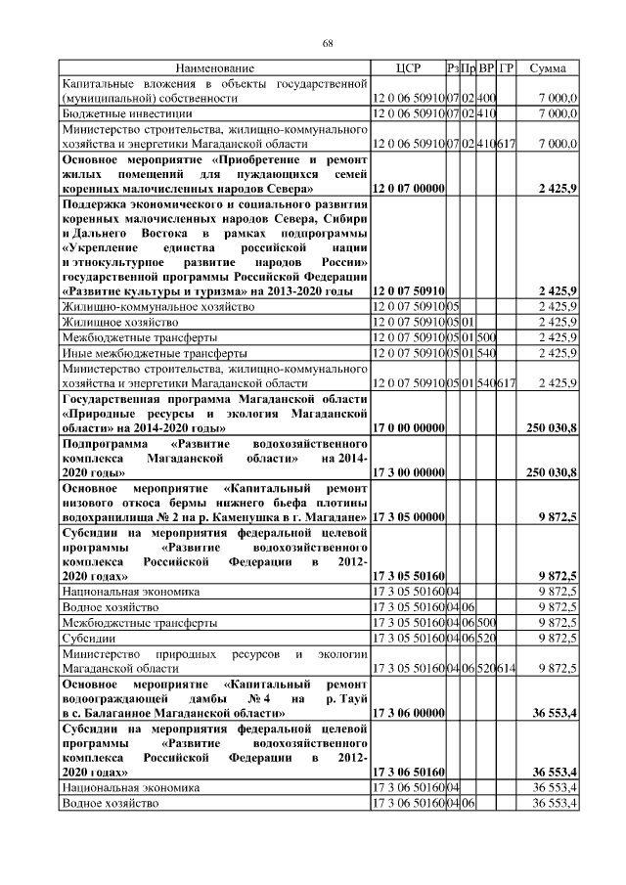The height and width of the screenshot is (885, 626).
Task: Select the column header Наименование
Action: click(214, 68)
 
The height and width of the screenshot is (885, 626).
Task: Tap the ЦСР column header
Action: click(408, 68)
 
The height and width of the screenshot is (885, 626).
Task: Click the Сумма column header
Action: click(546, 68)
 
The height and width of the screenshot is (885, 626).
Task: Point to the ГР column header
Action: click(507, 68)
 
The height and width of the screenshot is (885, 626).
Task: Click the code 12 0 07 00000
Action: click(408, 187)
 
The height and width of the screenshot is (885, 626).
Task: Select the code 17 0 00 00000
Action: click(408, 429)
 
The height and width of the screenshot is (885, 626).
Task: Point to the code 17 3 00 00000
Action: click(408, 473)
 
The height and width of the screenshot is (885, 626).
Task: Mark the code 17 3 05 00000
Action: click(408, 516)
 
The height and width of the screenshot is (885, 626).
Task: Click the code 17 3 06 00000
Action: click(408, 715)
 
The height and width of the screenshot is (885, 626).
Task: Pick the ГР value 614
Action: click(507, 669)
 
